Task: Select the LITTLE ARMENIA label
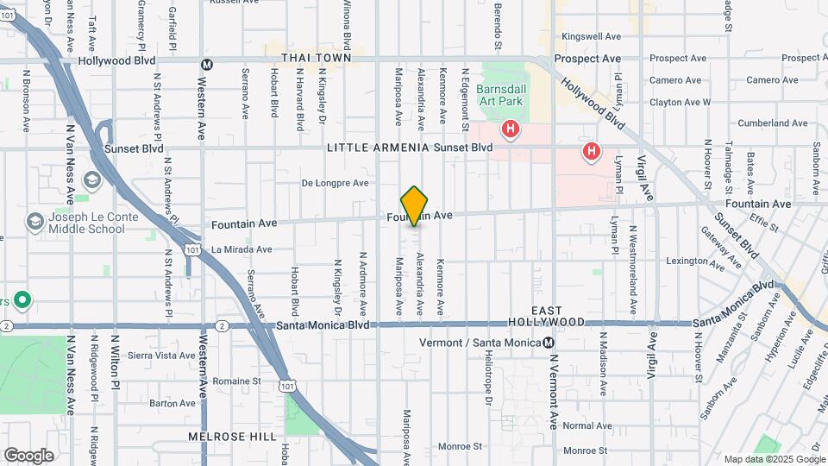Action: coord(378,148)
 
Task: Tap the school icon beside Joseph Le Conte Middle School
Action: coord(35,221)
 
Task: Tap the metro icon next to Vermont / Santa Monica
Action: coord(548,343)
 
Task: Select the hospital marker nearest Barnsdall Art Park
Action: coord(511,130)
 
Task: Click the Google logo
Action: coord(28,455)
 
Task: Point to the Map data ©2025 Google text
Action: coord(774,459)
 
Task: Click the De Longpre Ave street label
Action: coord(335,183)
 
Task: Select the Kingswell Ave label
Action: coord(591,36)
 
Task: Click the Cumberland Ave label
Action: coord(772,123)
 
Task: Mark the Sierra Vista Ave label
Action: coord(161,355)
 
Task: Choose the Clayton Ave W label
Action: coord(681,102)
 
